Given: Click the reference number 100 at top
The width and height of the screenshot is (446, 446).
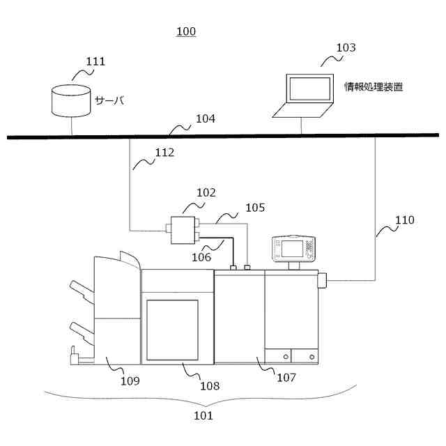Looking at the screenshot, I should coord(186,31).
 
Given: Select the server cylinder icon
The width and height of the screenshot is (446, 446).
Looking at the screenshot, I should coord(71,100).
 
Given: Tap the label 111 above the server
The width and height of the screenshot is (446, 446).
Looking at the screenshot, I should coord(95,61).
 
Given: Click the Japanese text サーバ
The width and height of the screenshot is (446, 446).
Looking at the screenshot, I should coord(109,100).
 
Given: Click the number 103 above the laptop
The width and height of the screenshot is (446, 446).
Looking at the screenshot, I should coord(346,48).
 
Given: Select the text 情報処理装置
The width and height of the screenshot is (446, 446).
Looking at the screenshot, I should coord(374,88).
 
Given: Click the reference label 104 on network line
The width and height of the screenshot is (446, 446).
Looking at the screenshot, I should coord(205,119).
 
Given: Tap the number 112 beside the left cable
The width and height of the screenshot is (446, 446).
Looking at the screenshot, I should coord(164,153).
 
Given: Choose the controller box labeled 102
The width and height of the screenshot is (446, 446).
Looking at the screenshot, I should coord(183,229).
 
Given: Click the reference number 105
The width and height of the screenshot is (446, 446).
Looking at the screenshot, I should coord(254,208).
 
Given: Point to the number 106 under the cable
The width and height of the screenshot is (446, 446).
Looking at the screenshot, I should coord(201,257).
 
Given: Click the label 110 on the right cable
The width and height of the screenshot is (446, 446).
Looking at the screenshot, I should coord(404,220).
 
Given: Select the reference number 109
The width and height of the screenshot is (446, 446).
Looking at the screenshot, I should coord(130,380).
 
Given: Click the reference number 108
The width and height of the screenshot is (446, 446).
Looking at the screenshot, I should coord(209,385).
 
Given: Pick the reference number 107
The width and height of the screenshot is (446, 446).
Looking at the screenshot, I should coord(286,378).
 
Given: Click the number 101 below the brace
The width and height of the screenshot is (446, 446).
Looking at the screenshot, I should coord(203,416).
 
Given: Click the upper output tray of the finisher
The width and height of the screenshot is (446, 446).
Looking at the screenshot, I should coord(81,289).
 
